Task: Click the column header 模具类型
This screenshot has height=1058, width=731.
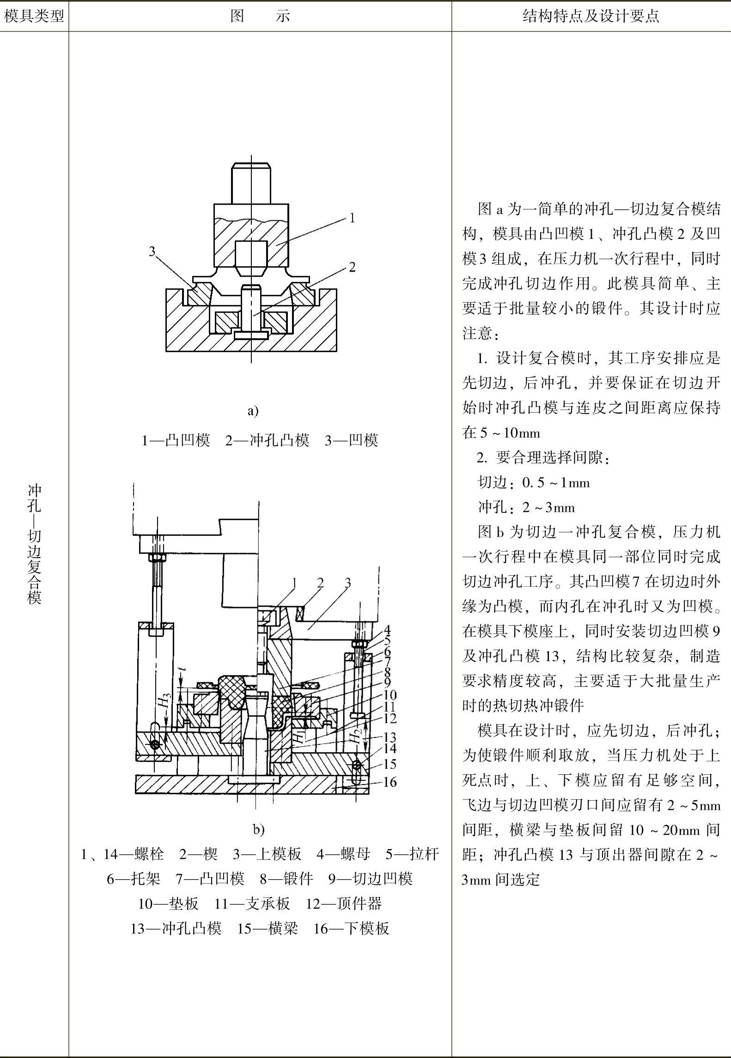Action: pos(34,17)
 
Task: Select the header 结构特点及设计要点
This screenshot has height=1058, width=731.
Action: pos(591,17)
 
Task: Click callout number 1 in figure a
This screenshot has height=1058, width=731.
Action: pos(352,218)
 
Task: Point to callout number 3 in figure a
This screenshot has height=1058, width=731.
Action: pos(152,251)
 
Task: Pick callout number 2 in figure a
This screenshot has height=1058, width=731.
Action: pos(352,267)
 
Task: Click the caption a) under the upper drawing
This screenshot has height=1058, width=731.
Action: pos(253,411)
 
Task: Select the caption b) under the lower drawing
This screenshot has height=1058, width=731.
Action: pos(258,829)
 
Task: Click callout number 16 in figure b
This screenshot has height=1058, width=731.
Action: pos(390,782)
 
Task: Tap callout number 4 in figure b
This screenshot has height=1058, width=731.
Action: pos(387,630)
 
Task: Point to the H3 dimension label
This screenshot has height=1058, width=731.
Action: pos(164,700)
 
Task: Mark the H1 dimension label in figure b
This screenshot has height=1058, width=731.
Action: pos(300,735)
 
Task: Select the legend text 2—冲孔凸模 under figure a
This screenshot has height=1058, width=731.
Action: pos(267,440)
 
